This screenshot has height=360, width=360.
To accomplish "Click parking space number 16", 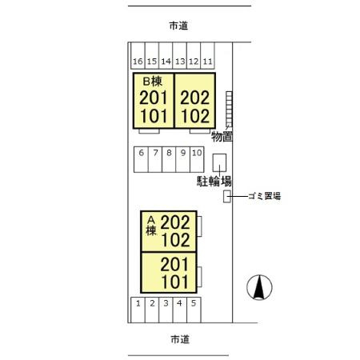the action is coord(138,56).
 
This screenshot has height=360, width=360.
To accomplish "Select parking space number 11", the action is coord(207,56).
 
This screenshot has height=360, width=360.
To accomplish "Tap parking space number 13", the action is coord(180,56).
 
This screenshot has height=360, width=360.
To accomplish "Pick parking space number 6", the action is coord(141,159).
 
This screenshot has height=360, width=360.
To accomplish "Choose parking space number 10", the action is coord(197,159).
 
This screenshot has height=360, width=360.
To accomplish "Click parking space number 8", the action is coord(169,159).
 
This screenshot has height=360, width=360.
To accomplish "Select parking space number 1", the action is coord(138,310).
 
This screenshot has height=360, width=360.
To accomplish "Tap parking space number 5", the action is coord(194,310).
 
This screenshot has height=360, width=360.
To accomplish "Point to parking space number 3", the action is coord(166,310).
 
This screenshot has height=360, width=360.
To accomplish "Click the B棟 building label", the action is coord(152,82).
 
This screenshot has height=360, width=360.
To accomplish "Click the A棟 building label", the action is coord(151,226).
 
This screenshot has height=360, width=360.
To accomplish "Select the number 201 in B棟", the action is coord(153,98).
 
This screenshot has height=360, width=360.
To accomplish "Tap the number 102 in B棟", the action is coord(195,116).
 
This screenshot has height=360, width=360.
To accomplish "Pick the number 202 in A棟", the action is coord(175,222).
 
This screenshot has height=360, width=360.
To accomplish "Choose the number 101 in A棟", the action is coord(175,282).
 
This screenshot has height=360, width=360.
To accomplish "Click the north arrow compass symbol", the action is coord(259,287).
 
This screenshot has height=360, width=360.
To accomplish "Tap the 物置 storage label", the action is coord(222,137).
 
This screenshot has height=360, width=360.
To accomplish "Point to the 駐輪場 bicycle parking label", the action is coord(214,182).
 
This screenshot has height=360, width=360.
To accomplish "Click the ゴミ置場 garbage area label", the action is coord(265,196).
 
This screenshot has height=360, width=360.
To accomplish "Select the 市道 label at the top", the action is coord(178,26).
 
